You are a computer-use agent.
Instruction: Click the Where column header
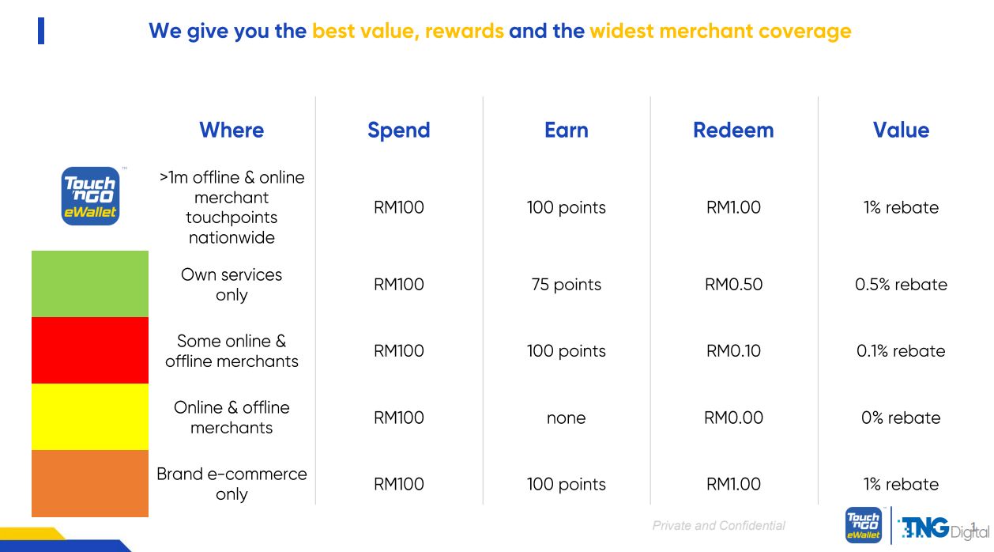point(232,130)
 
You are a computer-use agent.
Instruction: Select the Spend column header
point(399,130)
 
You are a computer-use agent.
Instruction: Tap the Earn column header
point(567,130)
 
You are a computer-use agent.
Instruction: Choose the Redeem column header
point(733,130)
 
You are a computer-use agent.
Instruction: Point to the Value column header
point(901,130)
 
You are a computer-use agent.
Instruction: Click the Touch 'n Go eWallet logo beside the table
point(91,196)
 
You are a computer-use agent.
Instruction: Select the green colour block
point(90,284)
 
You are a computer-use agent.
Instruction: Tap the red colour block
point(90,350)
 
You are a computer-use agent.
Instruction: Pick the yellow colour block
point(90,417)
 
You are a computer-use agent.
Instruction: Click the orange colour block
point(90,483)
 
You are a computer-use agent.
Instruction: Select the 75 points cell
point(567,285)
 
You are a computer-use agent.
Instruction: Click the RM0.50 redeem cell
point(733,285)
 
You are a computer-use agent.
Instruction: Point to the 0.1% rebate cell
point(901,351)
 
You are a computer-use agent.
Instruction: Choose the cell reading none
point(567,418)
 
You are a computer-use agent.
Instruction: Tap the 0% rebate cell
point(901,418)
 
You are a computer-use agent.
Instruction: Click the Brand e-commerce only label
point(232,484)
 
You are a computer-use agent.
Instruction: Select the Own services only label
point(232,285)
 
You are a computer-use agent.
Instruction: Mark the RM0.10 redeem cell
point(733,351)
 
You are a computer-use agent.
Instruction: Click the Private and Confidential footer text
point(719,526)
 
